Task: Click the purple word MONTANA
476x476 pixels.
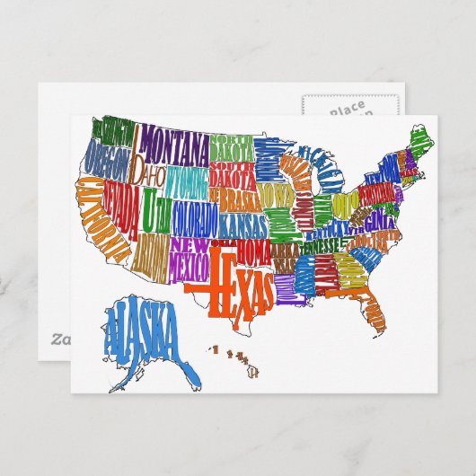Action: click(172, 141)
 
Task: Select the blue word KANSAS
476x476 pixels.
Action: click(241, 221)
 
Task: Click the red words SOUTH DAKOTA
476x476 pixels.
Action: click(232, 173)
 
